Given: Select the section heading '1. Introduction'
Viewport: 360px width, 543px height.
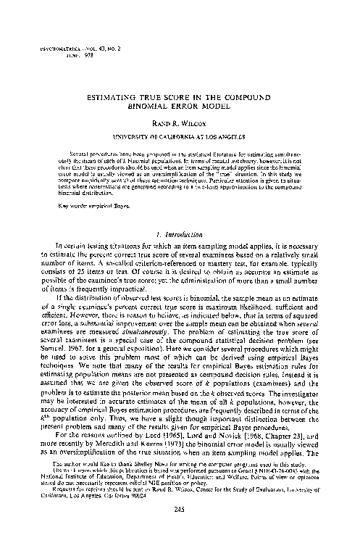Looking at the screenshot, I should pos(180,234).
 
